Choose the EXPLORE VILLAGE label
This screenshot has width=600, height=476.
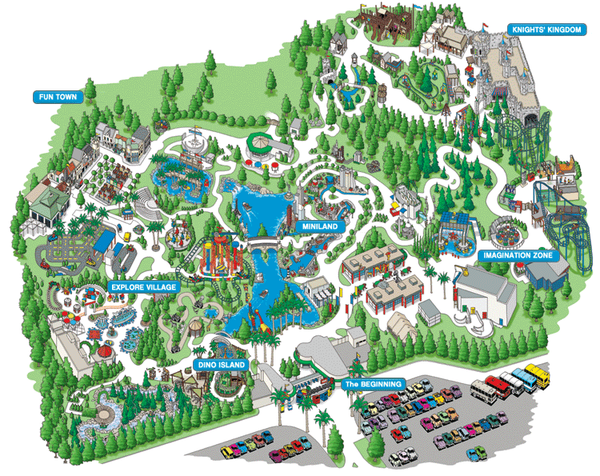[143, 286]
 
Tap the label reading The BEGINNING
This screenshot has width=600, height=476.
[374, 384]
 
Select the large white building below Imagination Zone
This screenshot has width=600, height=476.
[484, 291]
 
